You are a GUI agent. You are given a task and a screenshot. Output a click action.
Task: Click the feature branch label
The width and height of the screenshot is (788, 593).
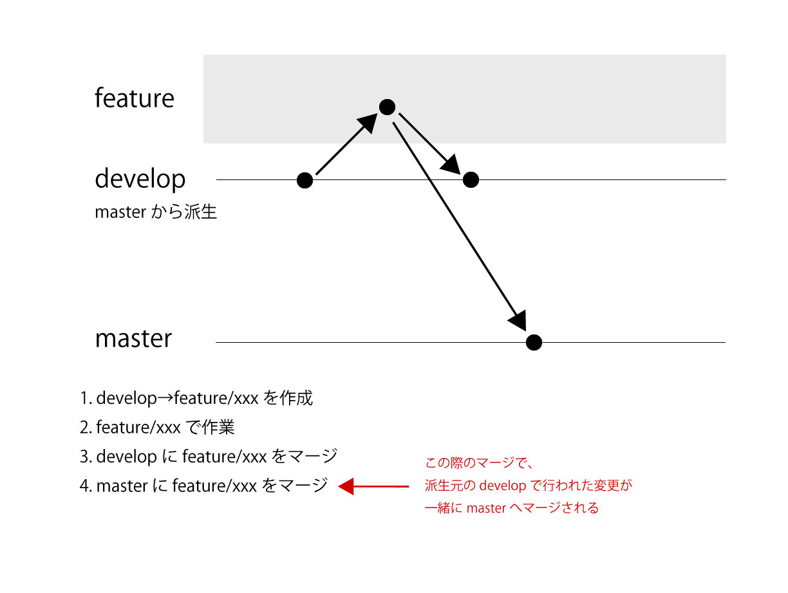(135, 98)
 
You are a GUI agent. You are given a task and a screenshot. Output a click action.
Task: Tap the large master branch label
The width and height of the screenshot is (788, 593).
(133, 338)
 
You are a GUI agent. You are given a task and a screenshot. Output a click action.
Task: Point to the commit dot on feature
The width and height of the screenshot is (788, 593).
(387, 107)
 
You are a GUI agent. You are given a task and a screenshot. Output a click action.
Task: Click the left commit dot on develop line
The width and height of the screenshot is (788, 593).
(305, 180)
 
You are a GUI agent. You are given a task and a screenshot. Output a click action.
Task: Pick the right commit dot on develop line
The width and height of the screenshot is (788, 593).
(471, 179)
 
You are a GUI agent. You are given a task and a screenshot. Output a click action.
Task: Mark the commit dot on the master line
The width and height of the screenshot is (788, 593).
(534, 342)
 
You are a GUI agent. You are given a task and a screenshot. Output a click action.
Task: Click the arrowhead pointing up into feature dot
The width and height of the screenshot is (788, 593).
(369, 123)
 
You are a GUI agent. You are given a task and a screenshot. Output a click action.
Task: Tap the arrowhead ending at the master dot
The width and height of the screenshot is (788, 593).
(519, 320)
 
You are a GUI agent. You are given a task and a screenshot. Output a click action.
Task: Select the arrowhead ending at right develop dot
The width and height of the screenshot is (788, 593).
(451, 165)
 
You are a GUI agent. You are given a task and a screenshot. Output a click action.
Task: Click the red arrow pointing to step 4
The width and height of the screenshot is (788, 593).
(373, 486)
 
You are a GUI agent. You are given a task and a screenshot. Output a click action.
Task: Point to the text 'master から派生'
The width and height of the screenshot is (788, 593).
(156, 212)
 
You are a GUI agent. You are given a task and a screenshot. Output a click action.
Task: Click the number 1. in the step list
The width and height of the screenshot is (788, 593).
(86, 398)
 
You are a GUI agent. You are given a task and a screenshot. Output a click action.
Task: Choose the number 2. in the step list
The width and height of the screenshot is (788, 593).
(86, 427)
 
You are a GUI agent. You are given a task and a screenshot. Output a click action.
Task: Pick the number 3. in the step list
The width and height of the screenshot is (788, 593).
(86, 457)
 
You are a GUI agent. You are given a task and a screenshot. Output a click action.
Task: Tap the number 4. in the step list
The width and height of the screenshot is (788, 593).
(86, 486)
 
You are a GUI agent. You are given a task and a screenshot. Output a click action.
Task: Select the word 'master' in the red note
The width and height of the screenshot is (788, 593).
(486, 508)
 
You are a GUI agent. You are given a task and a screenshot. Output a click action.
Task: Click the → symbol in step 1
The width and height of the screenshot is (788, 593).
(165, 398)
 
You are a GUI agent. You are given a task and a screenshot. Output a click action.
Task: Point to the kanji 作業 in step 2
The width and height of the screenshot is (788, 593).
(218, 427)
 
